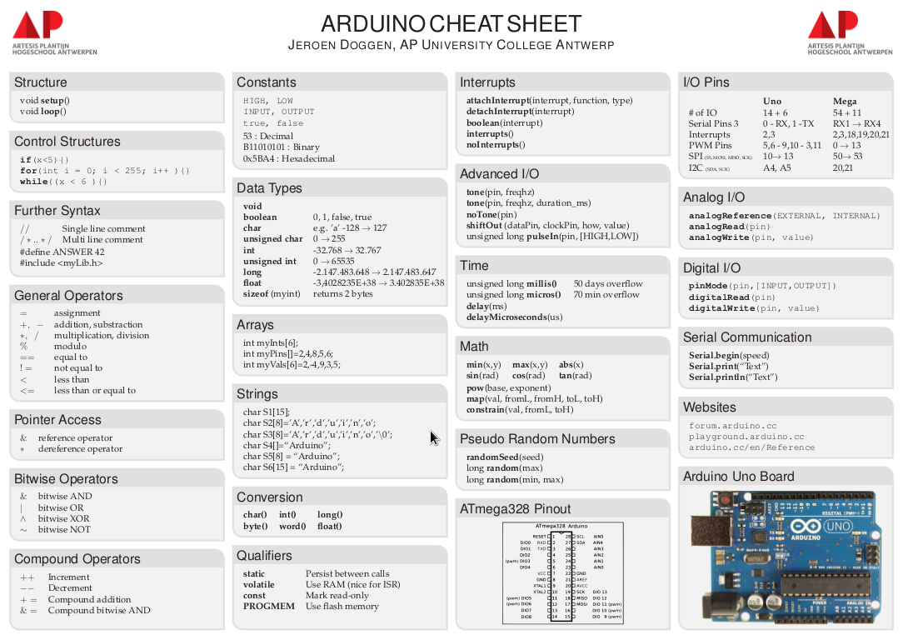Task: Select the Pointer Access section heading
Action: [57, 420]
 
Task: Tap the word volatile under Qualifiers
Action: [260, 585]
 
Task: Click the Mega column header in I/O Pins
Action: [844, 102]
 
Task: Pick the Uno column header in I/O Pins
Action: [772, 102]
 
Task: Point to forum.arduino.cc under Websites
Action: [732, 426]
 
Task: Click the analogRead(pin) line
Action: [729, 227]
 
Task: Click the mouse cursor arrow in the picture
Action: [433, 437]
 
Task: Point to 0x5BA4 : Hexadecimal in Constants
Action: [288, 158]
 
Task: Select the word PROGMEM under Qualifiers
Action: [268, 607]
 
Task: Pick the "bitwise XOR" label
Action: [64, 518]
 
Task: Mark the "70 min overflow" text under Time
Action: [606, 295]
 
